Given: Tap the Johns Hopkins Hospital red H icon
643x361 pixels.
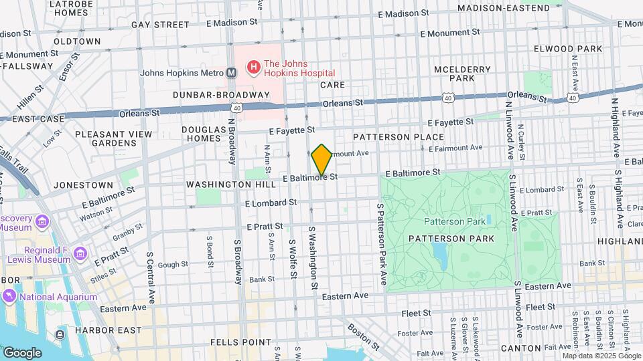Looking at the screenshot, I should pos(253,67).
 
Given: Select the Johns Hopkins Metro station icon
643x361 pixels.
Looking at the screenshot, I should pos(231,73).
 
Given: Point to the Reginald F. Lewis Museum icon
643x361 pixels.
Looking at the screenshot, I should pos(81,253).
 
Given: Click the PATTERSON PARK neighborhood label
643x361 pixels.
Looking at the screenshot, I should pos(461,239).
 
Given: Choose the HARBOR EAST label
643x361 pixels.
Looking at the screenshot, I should pos(109,330).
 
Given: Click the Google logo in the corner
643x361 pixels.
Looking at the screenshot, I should pos(22,352).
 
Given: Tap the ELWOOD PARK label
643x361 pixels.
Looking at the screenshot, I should pos(563,49).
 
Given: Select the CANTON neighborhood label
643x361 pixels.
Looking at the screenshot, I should pos(520,348).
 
